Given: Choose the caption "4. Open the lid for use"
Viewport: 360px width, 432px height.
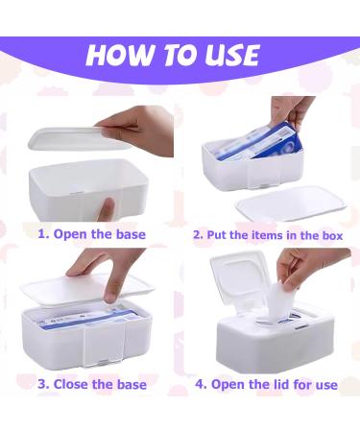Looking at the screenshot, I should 266,384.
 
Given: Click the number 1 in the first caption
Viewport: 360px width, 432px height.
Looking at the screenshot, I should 41,233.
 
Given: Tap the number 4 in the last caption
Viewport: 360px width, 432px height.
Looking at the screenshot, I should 200,384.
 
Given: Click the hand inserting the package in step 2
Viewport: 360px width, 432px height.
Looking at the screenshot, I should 294,110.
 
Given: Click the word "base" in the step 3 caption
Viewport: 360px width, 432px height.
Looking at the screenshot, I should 130,384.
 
